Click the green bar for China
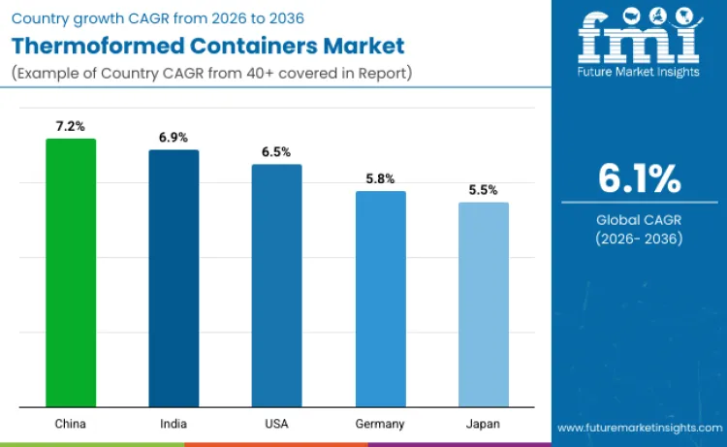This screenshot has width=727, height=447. pos(71,272)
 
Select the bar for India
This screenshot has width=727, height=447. pos(174,278)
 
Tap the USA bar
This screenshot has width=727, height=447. pos(276,285)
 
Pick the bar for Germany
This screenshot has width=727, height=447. pos(380,299)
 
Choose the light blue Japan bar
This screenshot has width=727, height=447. pos(483,304)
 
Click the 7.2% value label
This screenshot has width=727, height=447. pos(71,127)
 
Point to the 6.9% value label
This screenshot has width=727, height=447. pos(174,138)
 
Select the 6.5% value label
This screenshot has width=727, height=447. pos(276,152)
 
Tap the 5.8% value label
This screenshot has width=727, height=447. pos(380,179)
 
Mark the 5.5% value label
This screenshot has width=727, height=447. pos(483,191)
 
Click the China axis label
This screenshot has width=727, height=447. pos(71,424)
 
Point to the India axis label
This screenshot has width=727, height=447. pos(174,424)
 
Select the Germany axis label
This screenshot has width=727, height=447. pos(380,424)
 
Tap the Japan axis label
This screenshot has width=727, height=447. pos(483,424)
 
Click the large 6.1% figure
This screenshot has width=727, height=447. pos(639,180)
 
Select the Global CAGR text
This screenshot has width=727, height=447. pos(639,220)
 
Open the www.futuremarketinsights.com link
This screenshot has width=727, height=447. pos(639,428)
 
